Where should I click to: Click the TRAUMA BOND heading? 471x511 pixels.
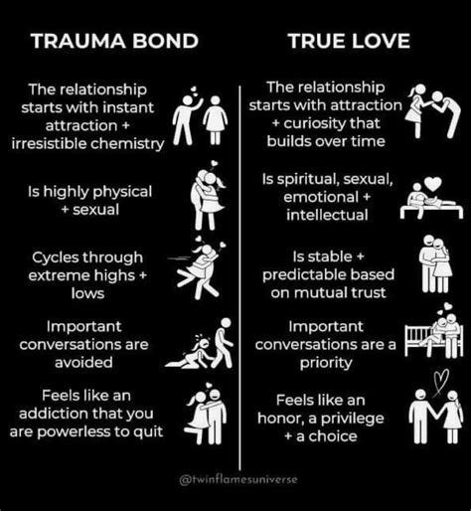pos(114,41)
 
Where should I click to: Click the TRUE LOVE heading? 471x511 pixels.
pos(349,41)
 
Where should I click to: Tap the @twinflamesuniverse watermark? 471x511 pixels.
pos(238,479)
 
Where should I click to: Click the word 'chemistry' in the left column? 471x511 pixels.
pos(127,144)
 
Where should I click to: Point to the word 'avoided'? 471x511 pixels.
pos(83,362)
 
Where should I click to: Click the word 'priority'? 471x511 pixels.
pos(326,363)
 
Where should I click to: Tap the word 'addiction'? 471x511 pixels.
pos(53,414)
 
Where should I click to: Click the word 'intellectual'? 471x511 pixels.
pos(327,215)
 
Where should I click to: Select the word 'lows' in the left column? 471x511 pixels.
pos(87,293)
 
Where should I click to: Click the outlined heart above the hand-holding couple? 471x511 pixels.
pos(441,381)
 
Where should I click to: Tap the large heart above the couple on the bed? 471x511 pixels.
pos(433,184)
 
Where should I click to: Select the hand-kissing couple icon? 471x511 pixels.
pos(433,110)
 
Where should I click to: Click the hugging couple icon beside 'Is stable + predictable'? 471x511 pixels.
pos(435,264)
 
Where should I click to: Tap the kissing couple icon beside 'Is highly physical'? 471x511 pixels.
pos(208,199)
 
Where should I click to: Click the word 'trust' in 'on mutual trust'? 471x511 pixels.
pos(371,293)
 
